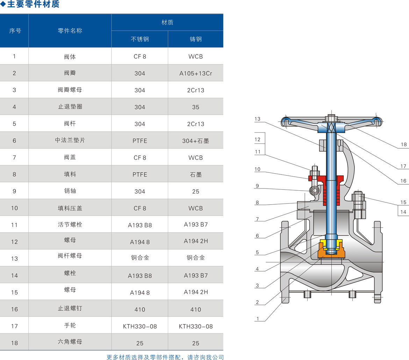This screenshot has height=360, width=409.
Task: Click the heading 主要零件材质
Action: pos(34,4)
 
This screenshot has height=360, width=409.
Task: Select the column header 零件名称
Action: pos(70,31)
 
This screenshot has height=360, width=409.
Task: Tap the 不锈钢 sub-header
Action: pos(140,39)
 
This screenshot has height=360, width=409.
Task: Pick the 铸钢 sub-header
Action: pos(196,39)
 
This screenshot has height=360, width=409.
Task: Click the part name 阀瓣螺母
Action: pos(70,90)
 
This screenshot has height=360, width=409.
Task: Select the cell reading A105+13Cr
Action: pos(196,73)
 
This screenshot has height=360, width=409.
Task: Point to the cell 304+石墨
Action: pos(196,141)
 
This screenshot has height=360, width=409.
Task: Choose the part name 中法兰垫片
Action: pos(70,140)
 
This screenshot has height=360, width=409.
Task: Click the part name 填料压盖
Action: pos(70,208)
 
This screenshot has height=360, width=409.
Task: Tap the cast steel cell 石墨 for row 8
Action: pos(196,175)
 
